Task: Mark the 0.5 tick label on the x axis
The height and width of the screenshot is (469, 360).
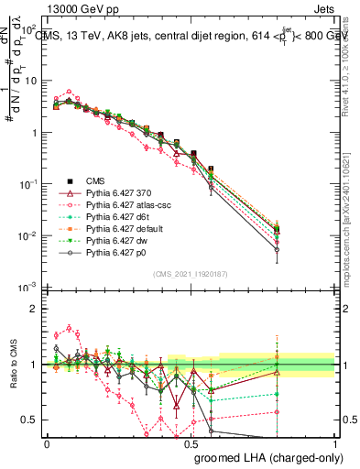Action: point(191,443)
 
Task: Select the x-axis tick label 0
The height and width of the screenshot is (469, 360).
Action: point(47,443)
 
